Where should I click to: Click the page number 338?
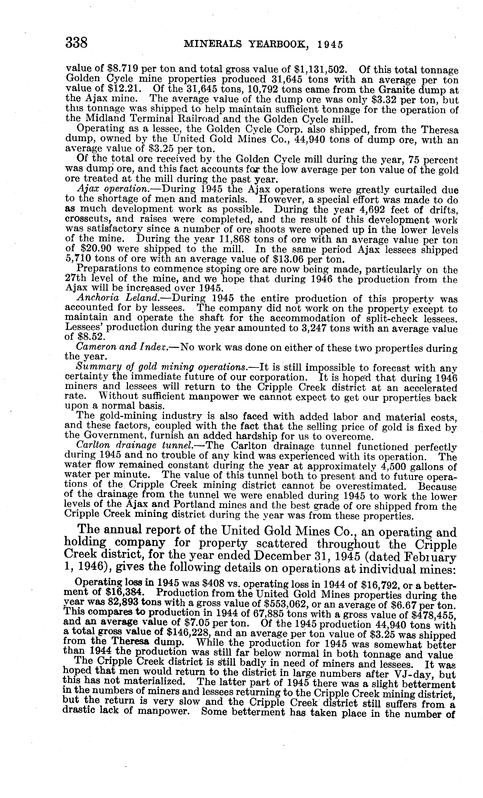[x=77, y=42]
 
